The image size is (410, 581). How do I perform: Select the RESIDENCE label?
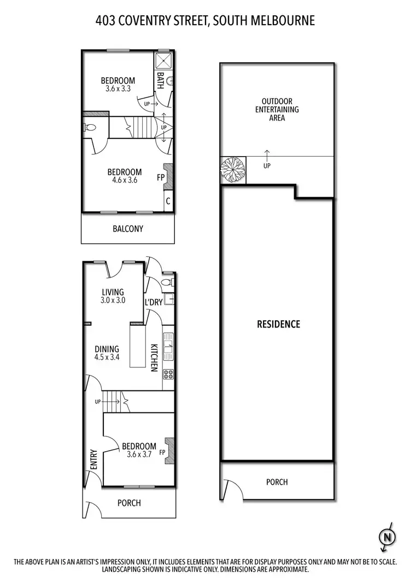(x=279, y=324)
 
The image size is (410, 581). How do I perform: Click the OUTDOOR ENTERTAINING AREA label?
(x=277, y=110)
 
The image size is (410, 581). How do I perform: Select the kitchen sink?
(x=168, y=347)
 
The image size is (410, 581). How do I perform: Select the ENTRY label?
(x=93, y=459)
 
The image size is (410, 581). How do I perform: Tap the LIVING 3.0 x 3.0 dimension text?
(x=113, y=300)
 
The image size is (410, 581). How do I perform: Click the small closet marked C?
(x=168, y=201)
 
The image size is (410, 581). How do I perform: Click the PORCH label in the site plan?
(x=277, y=482)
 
